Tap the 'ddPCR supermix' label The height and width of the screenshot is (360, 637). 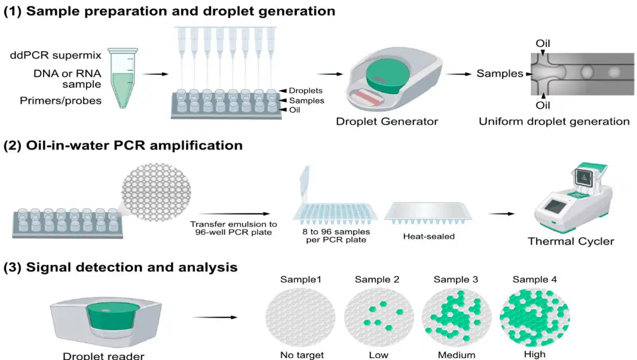56,56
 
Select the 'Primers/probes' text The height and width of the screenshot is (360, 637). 60,100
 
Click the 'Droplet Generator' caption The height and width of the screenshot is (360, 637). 387,121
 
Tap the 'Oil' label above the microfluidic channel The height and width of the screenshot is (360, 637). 543,44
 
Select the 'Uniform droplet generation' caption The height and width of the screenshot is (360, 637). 554,121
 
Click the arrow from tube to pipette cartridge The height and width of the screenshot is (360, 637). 155,74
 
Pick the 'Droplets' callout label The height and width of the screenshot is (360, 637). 305,91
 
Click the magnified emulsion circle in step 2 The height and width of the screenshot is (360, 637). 156,192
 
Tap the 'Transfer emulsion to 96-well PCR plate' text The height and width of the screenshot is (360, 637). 234,228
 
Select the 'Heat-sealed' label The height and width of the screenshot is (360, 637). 428,236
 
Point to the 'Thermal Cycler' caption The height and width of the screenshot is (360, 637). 571,241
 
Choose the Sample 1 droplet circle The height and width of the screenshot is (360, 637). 301,318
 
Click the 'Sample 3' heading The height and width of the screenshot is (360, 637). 456,279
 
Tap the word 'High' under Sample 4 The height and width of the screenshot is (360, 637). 535,354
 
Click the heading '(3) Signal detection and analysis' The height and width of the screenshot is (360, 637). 121,267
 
